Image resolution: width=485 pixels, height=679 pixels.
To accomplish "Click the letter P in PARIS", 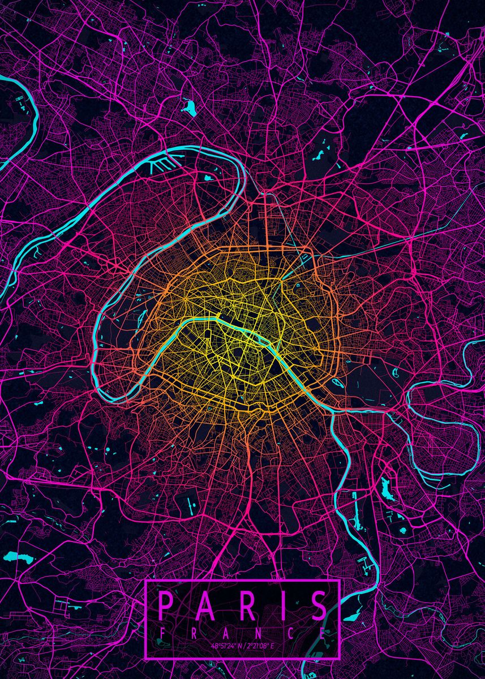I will click(165, 606).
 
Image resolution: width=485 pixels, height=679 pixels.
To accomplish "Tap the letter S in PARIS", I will click(320, 606).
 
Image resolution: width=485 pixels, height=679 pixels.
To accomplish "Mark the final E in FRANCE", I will click(323, 633).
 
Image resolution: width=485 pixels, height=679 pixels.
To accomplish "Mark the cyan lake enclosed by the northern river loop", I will click(207, 177).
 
